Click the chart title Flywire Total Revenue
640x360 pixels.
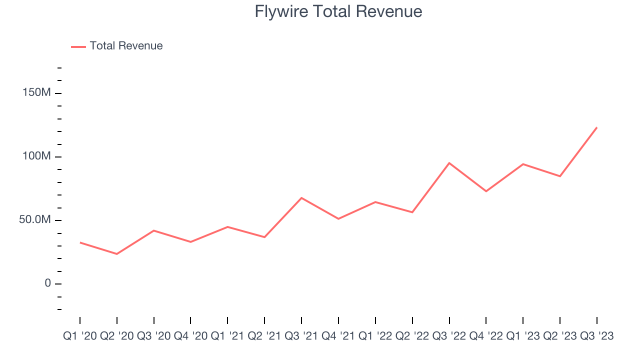[338, 11]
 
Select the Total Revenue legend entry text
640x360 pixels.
[126, 46]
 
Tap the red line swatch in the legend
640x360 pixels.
[78, 46]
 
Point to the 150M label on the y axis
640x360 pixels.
[36, 93]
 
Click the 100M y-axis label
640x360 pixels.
[36, 156]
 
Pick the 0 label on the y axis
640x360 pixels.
[47, 283]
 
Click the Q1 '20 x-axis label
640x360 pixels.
[80, 336]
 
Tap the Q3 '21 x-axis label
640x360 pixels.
[301, 336]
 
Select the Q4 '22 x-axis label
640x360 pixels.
[486, 336]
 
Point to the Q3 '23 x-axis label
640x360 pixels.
[597, 336]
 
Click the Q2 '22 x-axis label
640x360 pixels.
[412, 336]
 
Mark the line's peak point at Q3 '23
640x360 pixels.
[597, 127]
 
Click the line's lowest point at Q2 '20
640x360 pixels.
[117, 254]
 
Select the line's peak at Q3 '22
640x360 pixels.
[449, 163]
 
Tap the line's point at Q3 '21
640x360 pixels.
[301, 198]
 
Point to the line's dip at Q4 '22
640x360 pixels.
[486, 191]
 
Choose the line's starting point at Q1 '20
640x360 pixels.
[80, 242]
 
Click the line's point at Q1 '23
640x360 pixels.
[523, 164]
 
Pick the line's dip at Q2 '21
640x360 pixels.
[264, 237]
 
